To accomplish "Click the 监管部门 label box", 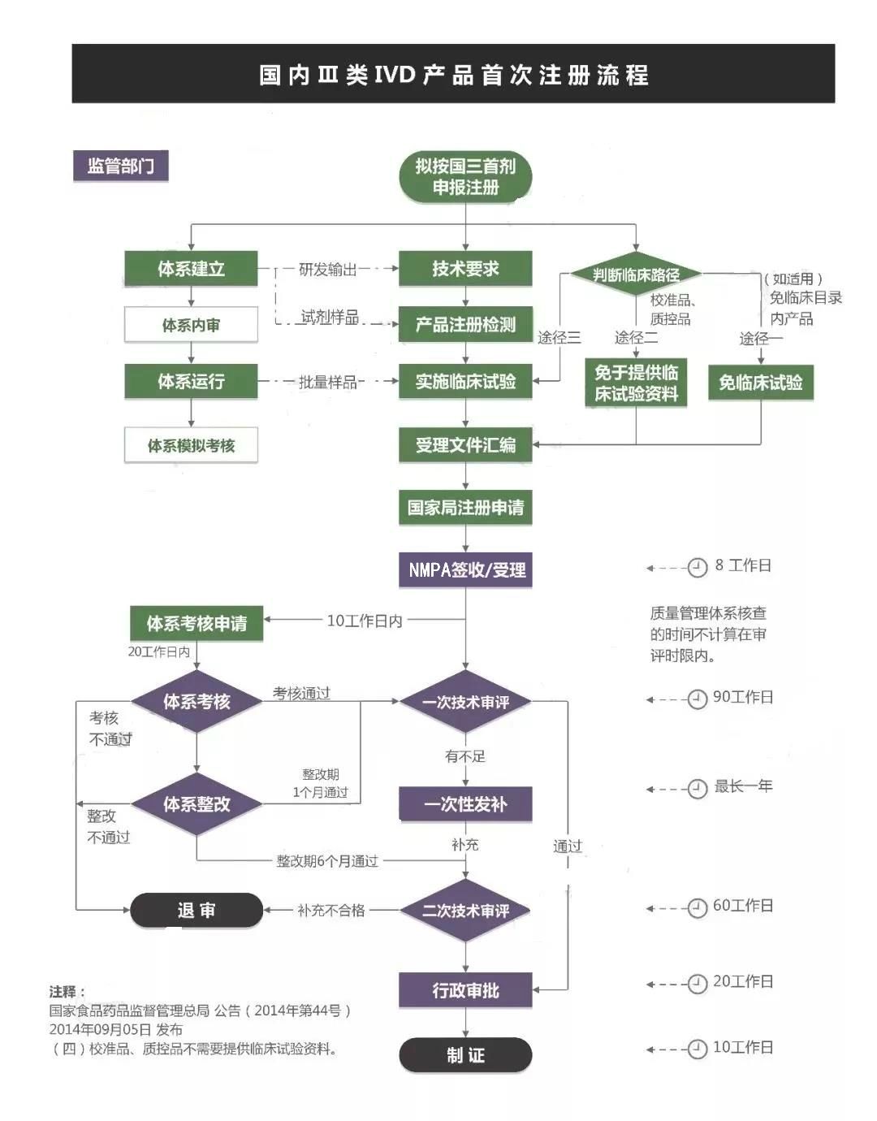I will [120, 167].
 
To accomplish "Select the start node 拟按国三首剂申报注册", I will [465, 176].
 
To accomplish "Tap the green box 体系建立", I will [191, 269].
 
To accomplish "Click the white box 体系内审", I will [191, 325].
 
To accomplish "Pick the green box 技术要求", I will [465, 269].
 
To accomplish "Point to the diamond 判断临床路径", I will [636, 275].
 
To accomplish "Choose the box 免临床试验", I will [760, 383].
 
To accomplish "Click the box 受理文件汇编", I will [465, 445].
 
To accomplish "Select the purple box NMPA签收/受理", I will [465, 569].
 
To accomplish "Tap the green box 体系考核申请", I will [197, 623].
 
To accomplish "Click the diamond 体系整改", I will [197, 804].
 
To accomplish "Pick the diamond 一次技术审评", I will [465, 702].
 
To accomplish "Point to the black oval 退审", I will [197, 911].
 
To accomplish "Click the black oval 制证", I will [465, 1055].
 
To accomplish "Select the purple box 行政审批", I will [465, 990].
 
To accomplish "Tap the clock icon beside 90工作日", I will [697, 699].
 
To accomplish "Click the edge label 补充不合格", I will [331, 911].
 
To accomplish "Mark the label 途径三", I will [559, 337].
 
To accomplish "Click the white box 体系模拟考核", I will [191, 445].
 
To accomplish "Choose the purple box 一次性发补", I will [465, 804].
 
